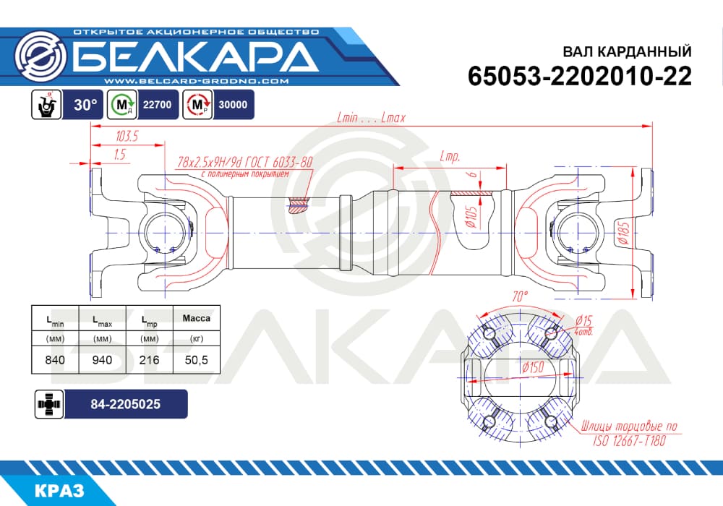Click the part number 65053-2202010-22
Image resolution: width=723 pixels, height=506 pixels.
[580, 76]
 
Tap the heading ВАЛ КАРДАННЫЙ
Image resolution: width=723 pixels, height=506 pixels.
[627, 51]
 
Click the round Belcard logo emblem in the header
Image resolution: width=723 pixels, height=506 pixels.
[40, 58]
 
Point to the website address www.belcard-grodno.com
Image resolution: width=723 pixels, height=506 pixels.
[197, 81]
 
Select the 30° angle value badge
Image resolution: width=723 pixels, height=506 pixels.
[85, 105]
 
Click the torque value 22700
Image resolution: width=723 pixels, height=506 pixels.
[157, 105]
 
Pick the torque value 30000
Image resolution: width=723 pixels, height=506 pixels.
[233, 105]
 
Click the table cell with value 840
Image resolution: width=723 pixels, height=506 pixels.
[56, 360]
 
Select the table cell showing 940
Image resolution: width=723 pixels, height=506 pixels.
[103, 360]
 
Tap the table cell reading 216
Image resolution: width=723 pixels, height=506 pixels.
[150, 360]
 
